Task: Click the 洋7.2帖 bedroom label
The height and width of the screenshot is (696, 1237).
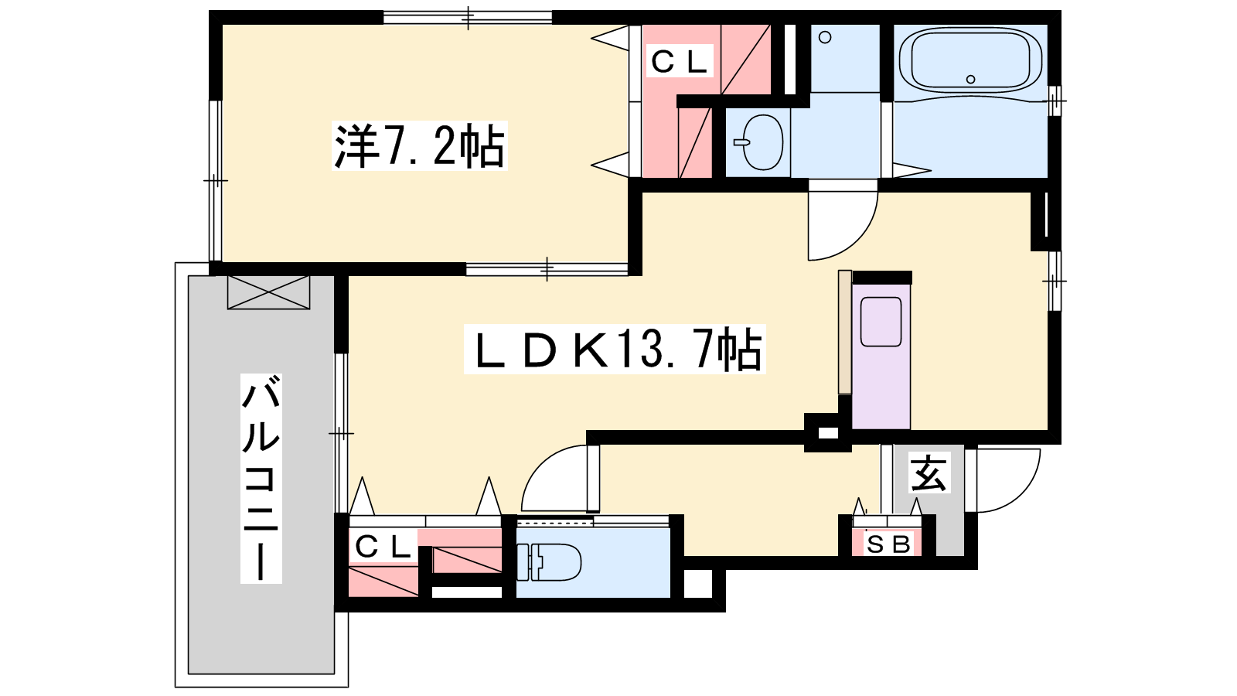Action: pos(419,146)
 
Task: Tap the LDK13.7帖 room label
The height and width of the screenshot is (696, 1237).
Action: pos(615,349)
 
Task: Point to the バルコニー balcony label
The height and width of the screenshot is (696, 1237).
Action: pos(261,479)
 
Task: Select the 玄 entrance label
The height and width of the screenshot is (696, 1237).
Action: pos(929,473)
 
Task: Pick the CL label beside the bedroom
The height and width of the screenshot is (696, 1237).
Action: pos(680,61)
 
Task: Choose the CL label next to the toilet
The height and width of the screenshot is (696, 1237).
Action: pos(383,548)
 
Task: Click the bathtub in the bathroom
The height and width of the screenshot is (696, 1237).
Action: pos(970,65)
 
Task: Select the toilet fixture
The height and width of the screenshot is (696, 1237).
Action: pos(549,561)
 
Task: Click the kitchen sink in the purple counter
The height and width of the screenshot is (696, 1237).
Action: pos(881,322)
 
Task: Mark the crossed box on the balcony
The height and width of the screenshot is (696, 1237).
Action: pos(268,292)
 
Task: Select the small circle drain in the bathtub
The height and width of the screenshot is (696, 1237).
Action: pos(970,79)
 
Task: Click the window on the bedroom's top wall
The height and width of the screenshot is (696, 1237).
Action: pos(468,17)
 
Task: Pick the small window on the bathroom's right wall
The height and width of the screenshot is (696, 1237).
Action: pos(1055,101)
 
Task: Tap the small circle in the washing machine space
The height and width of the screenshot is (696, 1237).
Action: pos(825,38)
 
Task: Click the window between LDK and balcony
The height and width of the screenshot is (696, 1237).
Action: pos(341,433)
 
